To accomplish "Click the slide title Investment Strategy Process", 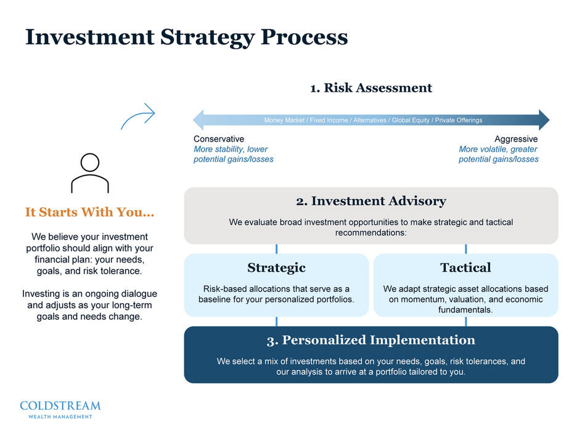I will [186, 37].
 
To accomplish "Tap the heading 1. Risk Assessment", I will [370, 87].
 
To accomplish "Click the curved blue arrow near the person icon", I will [137, 116].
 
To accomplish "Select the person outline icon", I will [90, 173].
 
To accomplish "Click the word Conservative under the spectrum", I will [219, 139].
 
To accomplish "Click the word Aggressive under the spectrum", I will [516, 139].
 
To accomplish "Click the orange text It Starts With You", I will [89, 213].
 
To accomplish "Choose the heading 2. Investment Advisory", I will [371, 201].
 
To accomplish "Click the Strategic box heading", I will [276, 267].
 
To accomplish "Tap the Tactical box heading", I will [465, 267].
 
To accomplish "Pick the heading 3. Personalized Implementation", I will [371, 340].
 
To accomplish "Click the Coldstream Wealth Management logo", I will [60, 409].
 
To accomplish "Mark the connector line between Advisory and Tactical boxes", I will [465, 249].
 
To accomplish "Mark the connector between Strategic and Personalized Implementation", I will [276, 322].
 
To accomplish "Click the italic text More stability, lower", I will [231, 149].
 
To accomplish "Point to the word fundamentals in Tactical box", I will [465, 310].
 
